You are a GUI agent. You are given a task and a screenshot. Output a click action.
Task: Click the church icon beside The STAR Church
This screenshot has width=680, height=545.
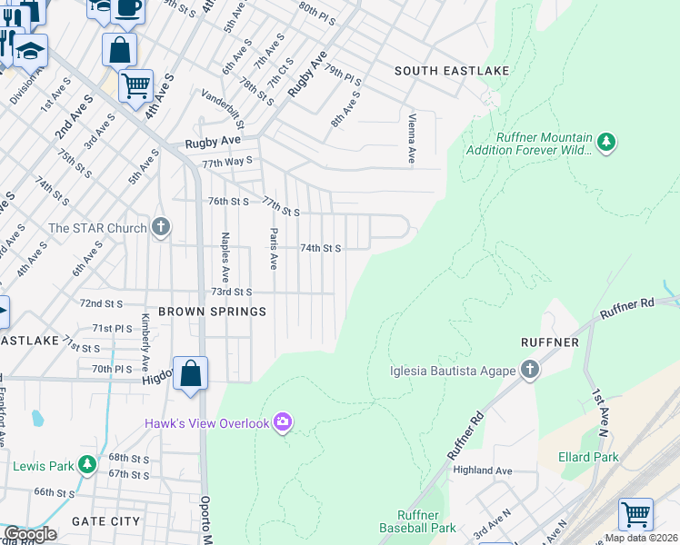(161, 227)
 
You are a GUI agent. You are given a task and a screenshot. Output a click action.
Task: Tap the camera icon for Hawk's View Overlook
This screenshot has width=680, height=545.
(284, 421)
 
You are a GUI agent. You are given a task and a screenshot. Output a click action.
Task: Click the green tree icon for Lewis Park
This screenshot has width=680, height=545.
(86, 466)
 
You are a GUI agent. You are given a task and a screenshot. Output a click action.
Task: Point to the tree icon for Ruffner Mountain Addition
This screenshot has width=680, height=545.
(606, 142)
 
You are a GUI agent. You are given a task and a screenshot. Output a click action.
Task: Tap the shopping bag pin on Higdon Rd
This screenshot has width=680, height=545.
(190, 373)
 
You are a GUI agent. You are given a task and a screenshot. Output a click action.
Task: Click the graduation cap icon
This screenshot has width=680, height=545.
(30, 51)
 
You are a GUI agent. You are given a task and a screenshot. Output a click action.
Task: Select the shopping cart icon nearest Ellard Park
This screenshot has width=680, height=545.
(635, 514)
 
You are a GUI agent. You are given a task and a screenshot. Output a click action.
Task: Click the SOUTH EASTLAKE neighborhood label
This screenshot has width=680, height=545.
(451, 71)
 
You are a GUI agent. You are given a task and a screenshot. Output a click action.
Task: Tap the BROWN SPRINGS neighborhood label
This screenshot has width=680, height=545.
(212, 312)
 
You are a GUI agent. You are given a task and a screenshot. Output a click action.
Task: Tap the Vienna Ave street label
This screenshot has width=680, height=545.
(412, 139)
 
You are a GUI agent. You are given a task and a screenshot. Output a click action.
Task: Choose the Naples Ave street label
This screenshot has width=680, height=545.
(225, 257)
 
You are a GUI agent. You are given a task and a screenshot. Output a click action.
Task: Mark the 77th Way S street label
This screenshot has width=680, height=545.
(226, 162)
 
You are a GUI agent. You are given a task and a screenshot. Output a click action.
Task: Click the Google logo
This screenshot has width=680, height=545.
(30, 534)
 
